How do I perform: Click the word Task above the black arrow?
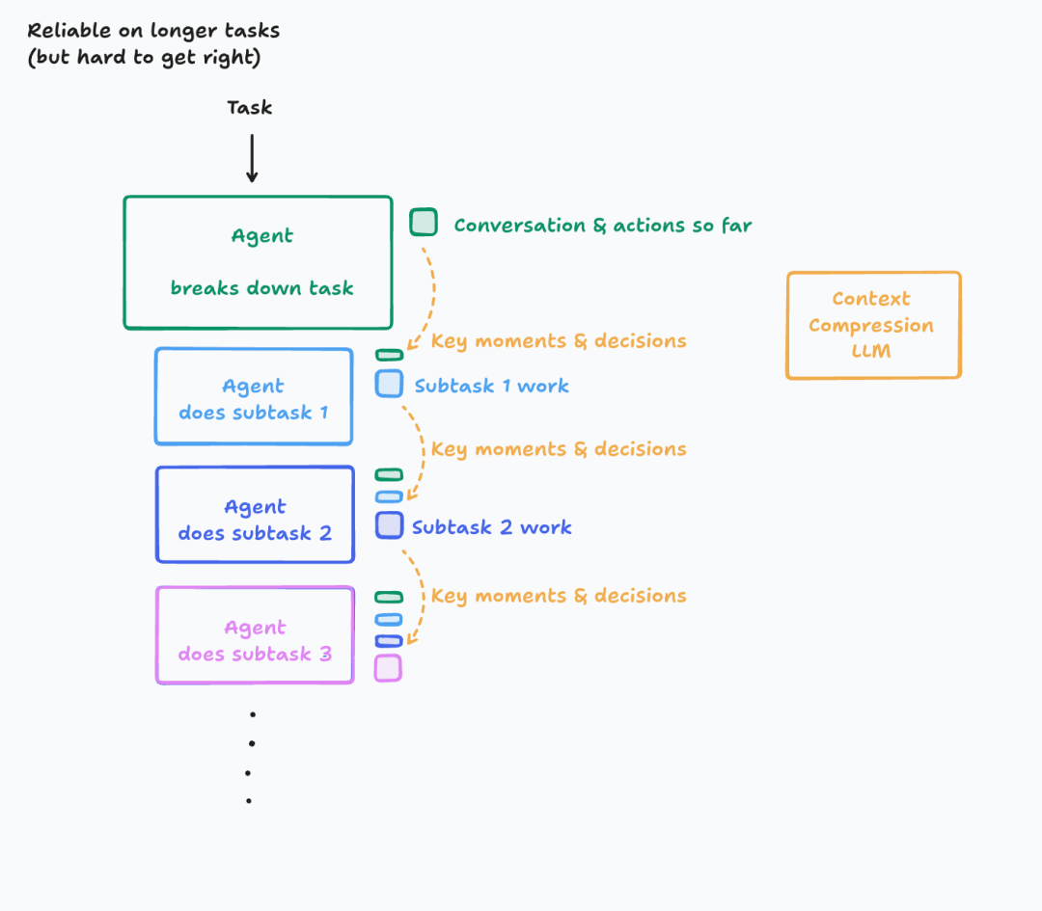[249, 108]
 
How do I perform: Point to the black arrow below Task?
[252, 158]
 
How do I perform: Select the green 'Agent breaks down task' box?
[258, 262]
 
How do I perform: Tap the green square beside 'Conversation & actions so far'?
[424, 223]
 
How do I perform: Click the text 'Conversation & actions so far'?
[602, 226]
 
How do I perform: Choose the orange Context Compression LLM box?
[873, 325]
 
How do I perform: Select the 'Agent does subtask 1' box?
[254, 397]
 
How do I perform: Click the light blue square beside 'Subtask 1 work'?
[389, 384]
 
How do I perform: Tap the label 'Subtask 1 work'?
[491, 386]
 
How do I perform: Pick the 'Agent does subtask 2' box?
[255, 515]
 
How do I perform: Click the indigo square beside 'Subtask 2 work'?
[389, 525]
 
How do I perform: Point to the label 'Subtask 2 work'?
[491, 527]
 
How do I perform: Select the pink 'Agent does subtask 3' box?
[255, 635]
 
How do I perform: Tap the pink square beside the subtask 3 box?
[388, 668]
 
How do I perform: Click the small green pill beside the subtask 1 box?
[389, 355]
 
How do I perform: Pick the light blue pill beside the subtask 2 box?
[389, 496]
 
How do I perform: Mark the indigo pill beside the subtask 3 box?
[389, 641]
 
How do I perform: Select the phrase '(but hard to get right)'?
[144, 57]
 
